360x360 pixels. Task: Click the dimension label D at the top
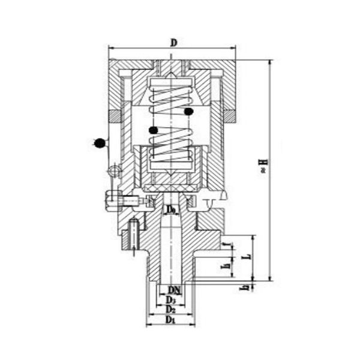click(x=173, y=43)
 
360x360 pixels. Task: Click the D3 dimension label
click(x=171, y=299)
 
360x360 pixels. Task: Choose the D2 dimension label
click(x=171, y=310)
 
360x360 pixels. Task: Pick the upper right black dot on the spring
click(x=189, y=111)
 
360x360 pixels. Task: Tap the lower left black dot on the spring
click(x=154, y=130)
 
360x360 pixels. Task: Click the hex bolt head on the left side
click(x=110, y=198)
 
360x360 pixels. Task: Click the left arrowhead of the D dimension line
click(x=110, y=49)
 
